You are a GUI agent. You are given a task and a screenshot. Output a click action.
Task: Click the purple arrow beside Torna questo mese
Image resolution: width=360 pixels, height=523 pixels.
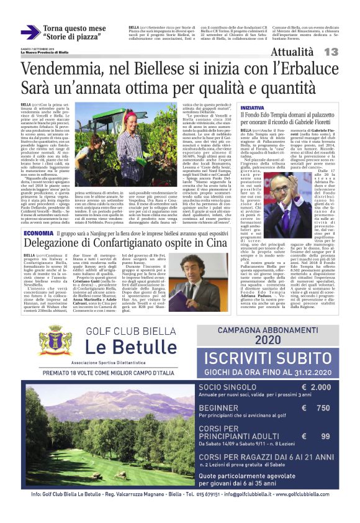30,32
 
